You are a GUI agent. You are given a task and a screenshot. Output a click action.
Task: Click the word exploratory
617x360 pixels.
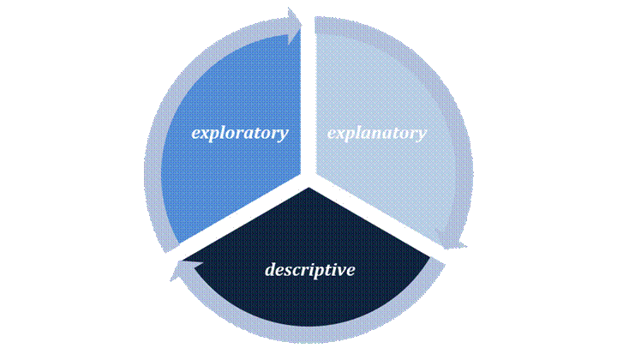point(239,133)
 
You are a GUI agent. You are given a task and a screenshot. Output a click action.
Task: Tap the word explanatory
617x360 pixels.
point(376,133)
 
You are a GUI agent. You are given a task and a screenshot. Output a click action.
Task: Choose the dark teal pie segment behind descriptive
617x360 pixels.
point(308,300)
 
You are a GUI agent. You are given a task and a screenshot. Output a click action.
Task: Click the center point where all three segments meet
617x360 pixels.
point(308,183)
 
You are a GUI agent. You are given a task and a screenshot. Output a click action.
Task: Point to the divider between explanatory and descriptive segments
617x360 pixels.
point(377,222)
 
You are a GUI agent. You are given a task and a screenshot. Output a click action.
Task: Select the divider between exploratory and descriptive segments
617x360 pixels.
point(240,222)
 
